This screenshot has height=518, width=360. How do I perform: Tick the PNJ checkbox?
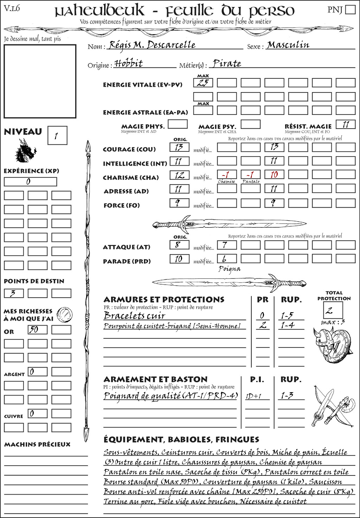pos(350,9)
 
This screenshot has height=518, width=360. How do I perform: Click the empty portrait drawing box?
pos(40,81)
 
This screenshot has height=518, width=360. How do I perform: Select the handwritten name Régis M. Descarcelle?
pos(152,45)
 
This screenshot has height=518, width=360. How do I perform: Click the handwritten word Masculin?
pos(288,45)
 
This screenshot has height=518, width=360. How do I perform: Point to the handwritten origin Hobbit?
pos(129,64)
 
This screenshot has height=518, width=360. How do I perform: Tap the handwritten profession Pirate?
pos(227,64)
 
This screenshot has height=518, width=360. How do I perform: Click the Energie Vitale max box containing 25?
pos(203,83)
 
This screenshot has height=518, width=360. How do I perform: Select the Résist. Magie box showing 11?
pos(346,124)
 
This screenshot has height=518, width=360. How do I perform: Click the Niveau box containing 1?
pos(57,136)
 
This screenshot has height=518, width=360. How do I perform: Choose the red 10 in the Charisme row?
pos(274,175)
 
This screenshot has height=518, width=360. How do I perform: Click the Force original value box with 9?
pos(179,203)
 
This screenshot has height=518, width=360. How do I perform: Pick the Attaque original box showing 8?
pos(179,245)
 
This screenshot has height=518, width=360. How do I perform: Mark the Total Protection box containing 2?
pos(333,310)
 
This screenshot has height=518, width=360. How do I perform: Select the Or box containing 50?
pos(37,330)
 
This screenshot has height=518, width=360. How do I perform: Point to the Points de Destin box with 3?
pos(14,293)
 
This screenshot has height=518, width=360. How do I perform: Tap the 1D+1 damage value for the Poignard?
pos(253,396)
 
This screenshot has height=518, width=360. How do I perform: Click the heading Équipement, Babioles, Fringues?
pos(181,439)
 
